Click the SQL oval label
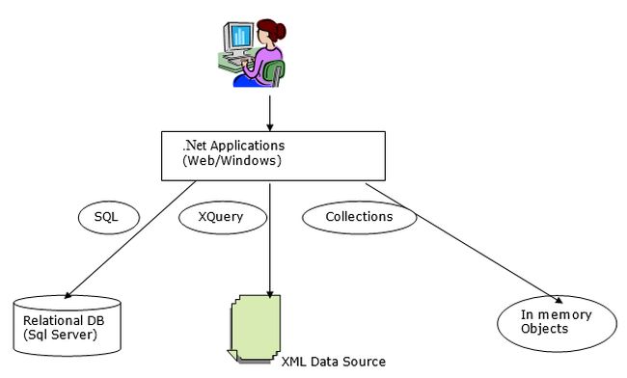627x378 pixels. point(106,217)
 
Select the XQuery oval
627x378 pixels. point(224,218)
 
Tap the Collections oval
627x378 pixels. point(359,217)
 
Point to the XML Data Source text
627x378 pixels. point(333,362)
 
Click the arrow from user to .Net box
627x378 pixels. point(269,111)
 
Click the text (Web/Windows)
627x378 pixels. point(232,161)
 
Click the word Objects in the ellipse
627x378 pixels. point(542,329)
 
